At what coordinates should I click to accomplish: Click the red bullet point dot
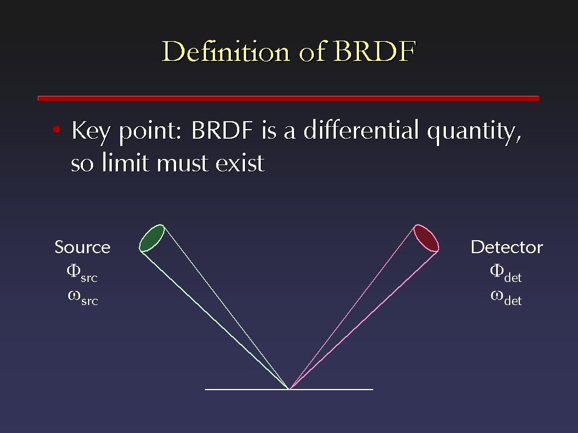point(56,130)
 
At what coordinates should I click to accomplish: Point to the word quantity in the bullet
point(474,132)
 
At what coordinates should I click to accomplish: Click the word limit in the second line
point(126,162)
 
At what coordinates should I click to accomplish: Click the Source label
point(82,247)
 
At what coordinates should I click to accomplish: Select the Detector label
point(507,247)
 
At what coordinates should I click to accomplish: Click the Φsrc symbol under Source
point(82,273)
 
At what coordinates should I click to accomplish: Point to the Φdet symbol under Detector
point(506,273)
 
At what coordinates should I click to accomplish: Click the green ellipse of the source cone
point(151,238)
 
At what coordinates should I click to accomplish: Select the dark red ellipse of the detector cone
point(426,238)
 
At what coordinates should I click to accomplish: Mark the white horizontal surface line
point(289,389)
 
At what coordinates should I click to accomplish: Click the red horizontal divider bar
point(288,98)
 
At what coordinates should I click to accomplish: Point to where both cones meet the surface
point(289,389)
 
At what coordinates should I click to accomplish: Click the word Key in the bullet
point(91,131)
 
